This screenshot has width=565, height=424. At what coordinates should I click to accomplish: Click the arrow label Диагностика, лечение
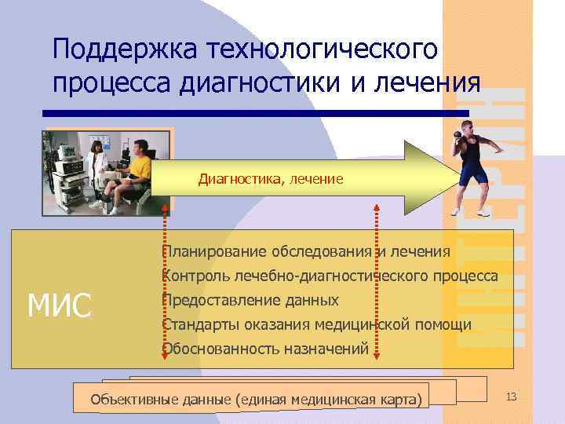click(x=271, y=180)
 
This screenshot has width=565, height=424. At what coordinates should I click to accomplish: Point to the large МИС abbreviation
click(x=60, y=305)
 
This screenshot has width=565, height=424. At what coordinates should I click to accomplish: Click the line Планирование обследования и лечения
click(x=305, y=252)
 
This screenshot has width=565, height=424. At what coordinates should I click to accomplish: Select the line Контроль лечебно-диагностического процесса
click(x=329, y=276)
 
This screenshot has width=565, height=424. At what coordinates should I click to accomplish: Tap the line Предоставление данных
click(x=250, y=301)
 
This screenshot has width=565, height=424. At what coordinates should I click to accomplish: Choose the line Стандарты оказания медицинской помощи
click(x=316, y=325)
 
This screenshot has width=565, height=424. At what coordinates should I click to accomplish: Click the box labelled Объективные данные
click(x=255, y=399)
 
